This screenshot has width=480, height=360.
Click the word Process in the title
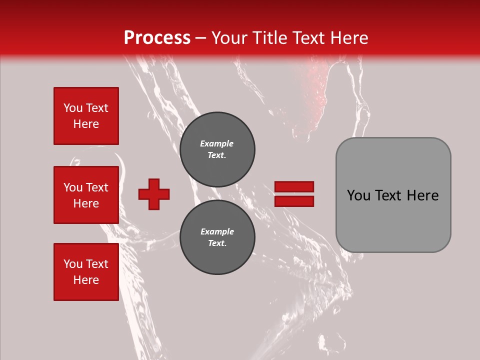pyautogui.click(x=157, y=38)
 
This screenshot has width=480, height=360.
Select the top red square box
pyautogui.click(x=86, y=116)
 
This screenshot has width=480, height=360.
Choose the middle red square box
pyautogui.click(x=86, y=195)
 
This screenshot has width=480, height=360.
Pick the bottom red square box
pyautogui.click(x=86, y=271)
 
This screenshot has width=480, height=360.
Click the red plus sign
pyautogui.click(x=154, y=194)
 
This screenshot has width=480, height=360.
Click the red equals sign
pyautogui.click(x=294, y=194)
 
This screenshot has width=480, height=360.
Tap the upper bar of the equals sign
pyautogui.click(x=294, y=187)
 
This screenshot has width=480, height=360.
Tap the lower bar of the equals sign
pyautogui.click(x=294, y=201)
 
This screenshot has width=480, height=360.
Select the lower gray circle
pyautogui.click(x=217, y=237)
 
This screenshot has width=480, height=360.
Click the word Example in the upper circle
pyautogui.click(x=217, y=143)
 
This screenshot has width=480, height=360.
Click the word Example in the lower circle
pyautogui.click(x=217, y=231)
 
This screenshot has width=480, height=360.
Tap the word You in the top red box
pyautogui.click(x=72, y=108)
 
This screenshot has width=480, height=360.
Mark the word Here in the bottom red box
pyautogui.click(x=86, y=280)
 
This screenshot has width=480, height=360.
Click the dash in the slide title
pyautogui.click(x=201, y=38)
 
